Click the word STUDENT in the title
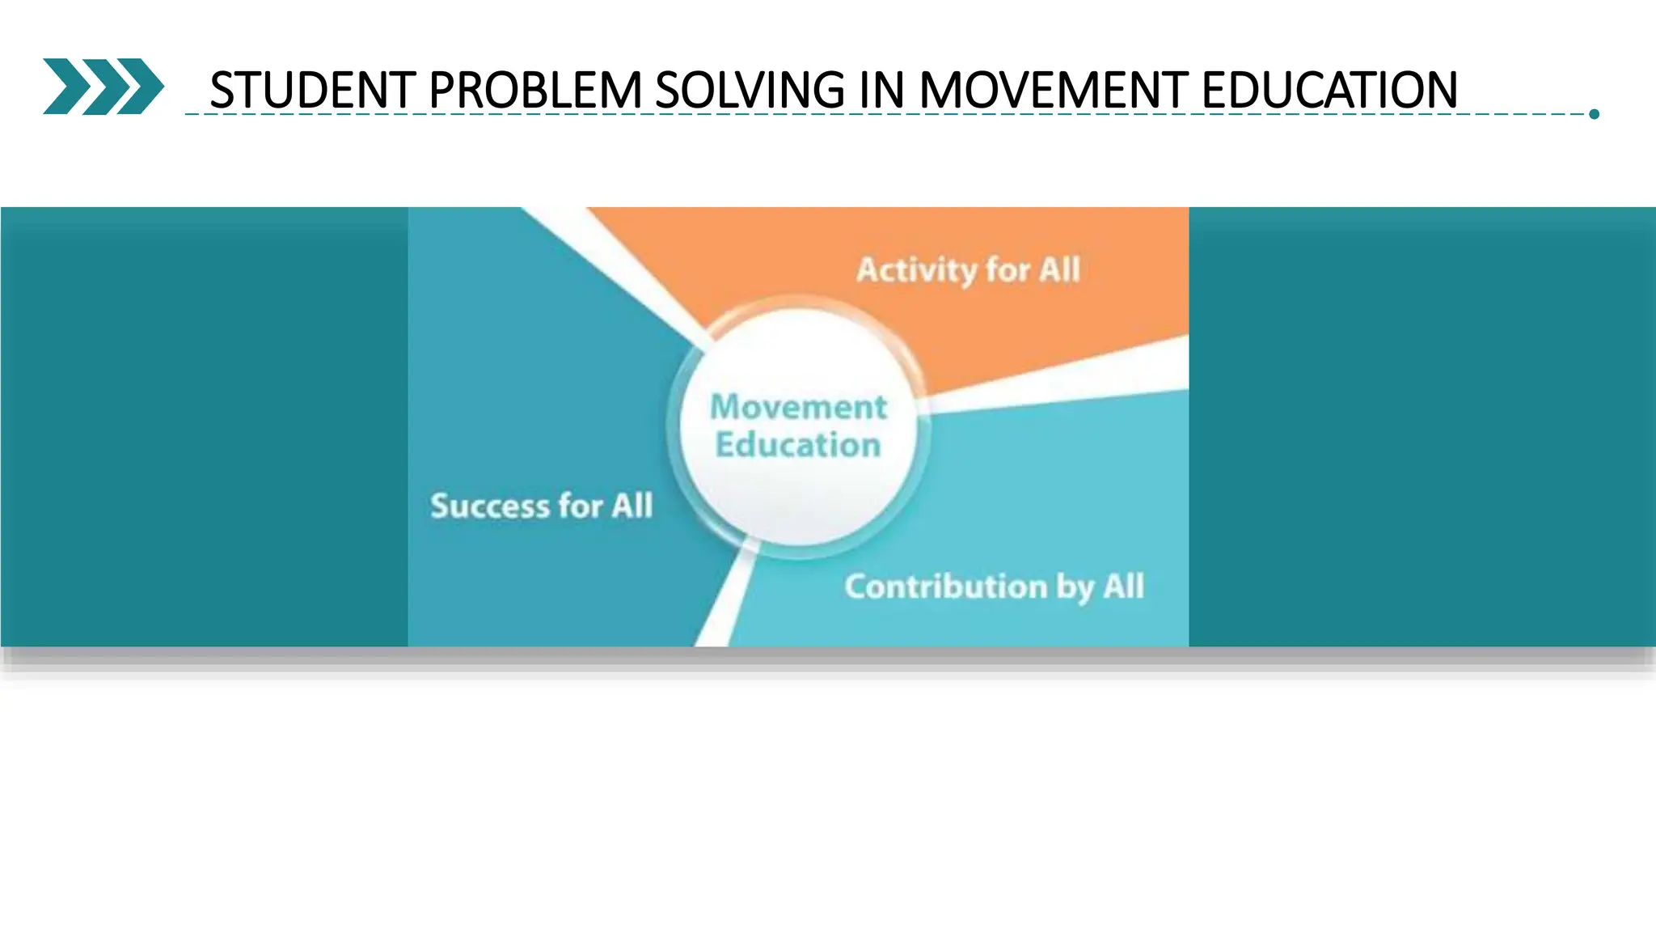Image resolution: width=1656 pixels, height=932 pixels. click(x=312, y=90)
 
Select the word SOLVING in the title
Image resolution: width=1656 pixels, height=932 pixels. click(x=750, y=90)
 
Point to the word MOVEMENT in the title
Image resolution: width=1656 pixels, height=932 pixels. click(x=1053, y=90)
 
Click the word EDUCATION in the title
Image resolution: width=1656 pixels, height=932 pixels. click(x=1329, y=90)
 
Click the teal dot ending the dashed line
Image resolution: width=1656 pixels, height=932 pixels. click(x=1594, y=114)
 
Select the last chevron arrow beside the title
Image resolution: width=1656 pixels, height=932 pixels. click(x=142, y=86)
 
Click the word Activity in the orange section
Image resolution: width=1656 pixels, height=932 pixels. click(x=916, y=270)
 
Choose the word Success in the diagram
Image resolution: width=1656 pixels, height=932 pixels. click(x=489, y=506)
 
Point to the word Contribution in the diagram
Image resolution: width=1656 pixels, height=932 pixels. click(x=945, y=587)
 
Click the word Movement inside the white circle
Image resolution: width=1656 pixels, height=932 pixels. click(x=798, y=407)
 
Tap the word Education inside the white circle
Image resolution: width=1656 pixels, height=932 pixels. click(x=798, y=445)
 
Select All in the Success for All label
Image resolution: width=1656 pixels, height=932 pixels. click(x=632, y=506)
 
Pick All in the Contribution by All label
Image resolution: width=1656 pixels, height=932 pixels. click(x=1123, y=586)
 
